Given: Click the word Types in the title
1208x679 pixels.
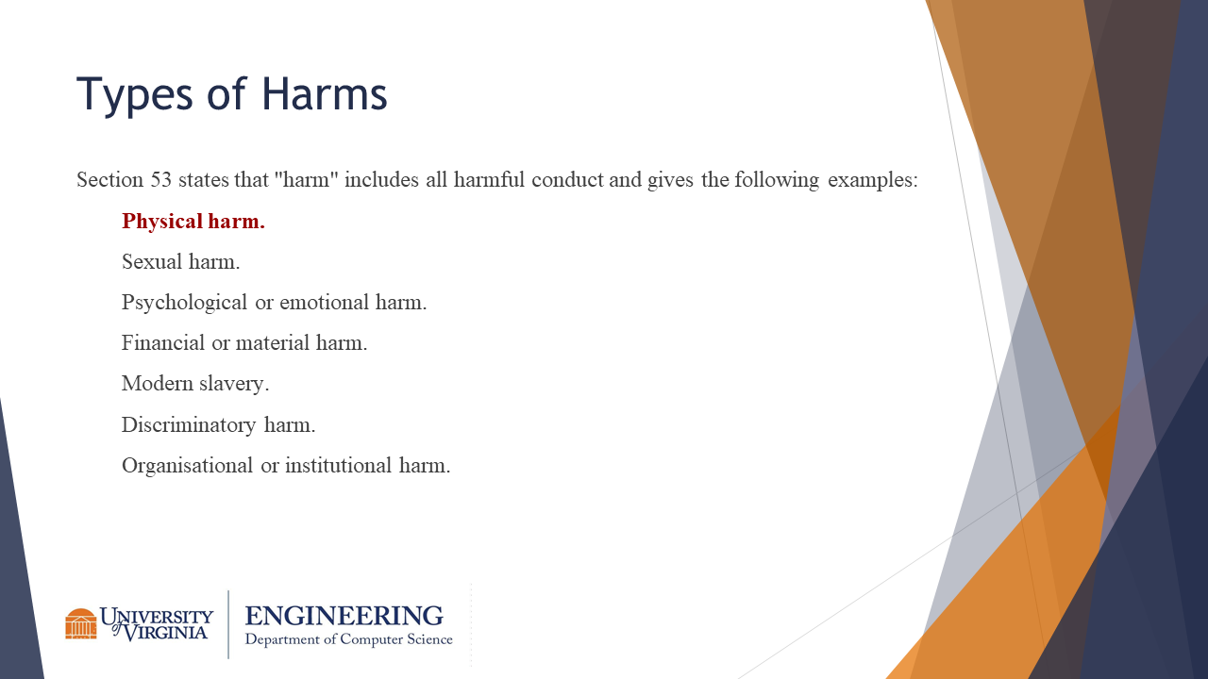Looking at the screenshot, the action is click(135, 95).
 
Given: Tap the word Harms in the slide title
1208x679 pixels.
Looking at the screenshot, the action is click(325, 93).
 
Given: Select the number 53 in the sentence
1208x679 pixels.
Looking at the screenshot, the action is click(160, 179).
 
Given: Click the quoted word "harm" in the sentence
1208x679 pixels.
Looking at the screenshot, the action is click(306, 179).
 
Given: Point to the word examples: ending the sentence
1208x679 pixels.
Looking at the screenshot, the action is click(873, 180).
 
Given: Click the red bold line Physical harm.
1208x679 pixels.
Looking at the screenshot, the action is click(193, 221).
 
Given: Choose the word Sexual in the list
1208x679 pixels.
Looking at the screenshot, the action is click(152, 261).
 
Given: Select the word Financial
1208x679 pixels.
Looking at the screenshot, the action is click(163, 342).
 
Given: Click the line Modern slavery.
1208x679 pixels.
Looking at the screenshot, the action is click(195, 384).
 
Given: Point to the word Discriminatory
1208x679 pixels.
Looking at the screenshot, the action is click(189, 424).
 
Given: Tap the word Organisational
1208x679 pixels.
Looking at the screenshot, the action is click(187, 466).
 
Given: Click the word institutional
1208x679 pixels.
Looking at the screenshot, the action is click(338, 465).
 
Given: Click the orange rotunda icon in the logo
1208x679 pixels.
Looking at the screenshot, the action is click(81, 624).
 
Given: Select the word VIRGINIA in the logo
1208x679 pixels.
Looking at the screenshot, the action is click(165, 632).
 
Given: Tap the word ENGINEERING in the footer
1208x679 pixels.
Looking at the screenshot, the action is click(344, 616).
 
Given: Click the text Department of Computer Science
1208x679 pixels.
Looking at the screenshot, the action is click(349, 639).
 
